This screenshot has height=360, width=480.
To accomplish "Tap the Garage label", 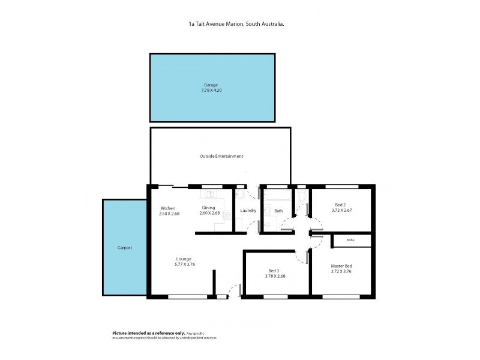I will (212, 85).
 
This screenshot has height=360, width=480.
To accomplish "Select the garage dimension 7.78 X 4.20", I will (212, 91).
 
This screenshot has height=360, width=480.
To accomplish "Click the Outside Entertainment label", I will (221, 156).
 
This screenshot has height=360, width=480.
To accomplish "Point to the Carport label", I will (124, 247).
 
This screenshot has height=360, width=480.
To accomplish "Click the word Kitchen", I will (167, 208).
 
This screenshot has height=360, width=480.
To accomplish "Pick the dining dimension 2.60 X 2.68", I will (211, 214).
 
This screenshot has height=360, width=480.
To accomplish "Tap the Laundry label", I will (248, 211).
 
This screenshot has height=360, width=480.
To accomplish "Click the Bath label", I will (278, 211).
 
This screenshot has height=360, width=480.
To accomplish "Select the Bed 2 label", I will (340, 205).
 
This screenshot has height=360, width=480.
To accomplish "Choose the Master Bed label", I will (341, 266).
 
